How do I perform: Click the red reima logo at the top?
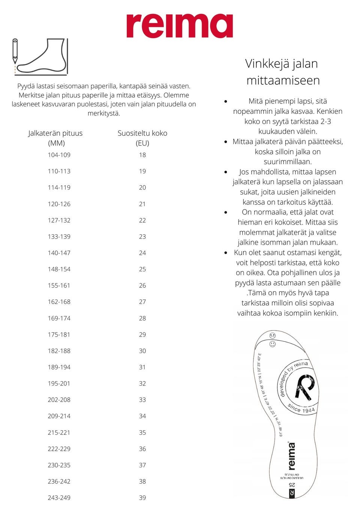[x=180, y=26]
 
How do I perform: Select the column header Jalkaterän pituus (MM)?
[x=55, y=138]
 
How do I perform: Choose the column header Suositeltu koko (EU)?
[x=142, y=138]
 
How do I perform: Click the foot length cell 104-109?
[x=59, y=155]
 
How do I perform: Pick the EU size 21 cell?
[x=142, y=204]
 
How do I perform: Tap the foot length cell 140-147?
[x=59, y=253]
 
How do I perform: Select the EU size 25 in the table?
[x=142, y=269]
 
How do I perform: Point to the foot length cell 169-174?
[x=59, y=318]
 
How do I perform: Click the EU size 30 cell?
[x=142, y=351]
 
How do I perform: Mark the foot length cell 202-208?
[x=59, y=400]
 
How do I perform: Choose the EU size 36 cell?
[x=142, y=449]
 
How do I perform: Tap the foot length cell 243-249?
[x=59, y=498]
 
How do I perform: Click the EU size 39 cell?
[x=142, y=498]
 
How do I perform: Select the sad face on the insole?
[x=273, y=335]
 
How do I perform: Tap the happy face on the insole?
[x=273, y=344]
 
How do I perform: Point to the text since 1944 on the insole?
[x=301, y=409]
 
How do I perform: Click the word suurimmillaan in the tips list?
[x=288, y=162]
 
